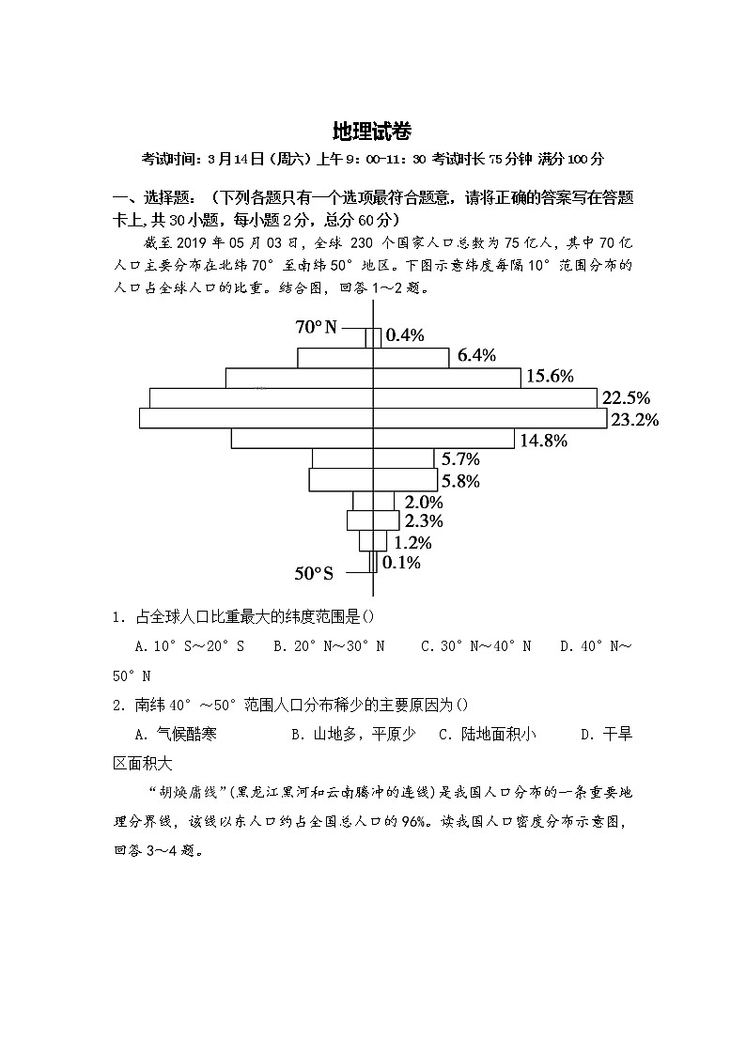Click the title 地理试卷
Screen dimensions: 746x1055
tap(372, 131)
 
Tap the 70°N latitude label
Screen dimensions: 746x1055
tap(316, 327)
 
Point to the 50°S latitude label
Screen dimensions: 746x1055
tap(314, 573)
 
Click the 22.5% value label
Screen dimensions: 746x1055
tap(627, 397)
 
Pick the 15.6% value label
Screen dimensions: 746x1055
tap(550, 376)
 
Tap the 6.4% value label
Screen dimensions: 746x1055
tap(476, 354)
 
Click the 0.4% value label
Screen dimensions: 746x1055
tap(406, 334)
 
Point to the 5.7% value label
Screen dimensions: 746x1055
tap(460, 459)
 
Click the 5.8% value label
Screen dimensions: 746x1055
tap(460, 481)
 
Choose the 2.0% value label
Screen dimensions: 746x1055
tap(424, 502)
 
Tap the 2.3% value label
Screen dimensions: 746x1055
tap(424, 521)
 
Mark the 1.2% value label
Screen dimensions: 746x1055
tap(412, 542)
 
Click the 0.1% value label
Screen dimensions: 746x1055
tap(402, 563)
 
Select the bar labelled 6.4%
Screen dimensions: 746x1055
tap(373, 358)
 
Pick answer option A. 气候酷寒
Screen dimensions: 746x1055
tap(176, 735)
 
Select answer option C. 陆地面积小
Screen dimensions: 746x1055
tap(488, 735)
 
